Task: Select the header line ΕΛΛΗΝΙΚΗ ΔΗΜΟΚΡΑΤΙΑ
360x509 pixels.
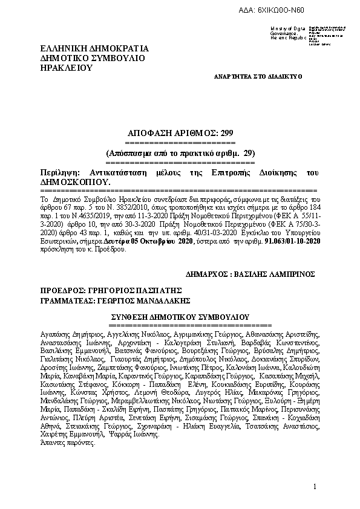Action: click(94, 48)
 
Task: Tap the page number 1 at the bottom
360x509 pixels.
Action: click(315, 487)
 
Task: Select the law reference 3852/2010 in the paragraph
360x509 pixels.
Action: click(121, 206)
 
